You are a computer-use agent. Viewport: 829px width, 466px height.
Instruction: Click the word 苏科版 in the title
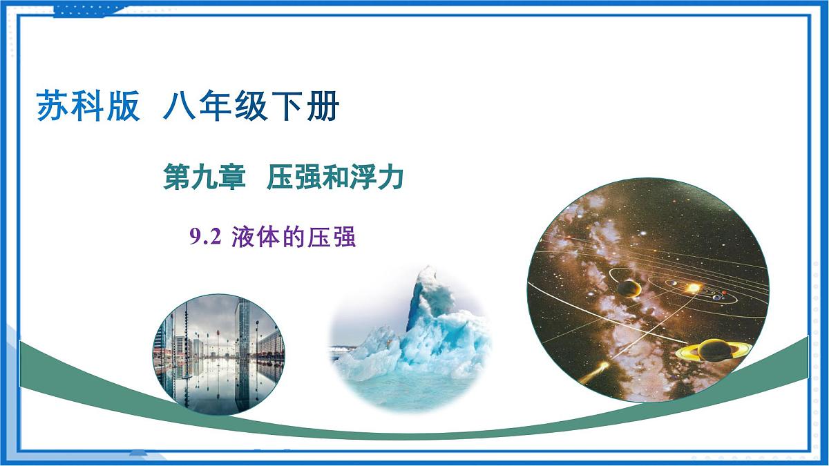pos(88,107)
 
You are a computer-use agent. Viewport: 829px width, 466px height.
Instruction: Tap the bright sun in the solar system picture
pos(692,287)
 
